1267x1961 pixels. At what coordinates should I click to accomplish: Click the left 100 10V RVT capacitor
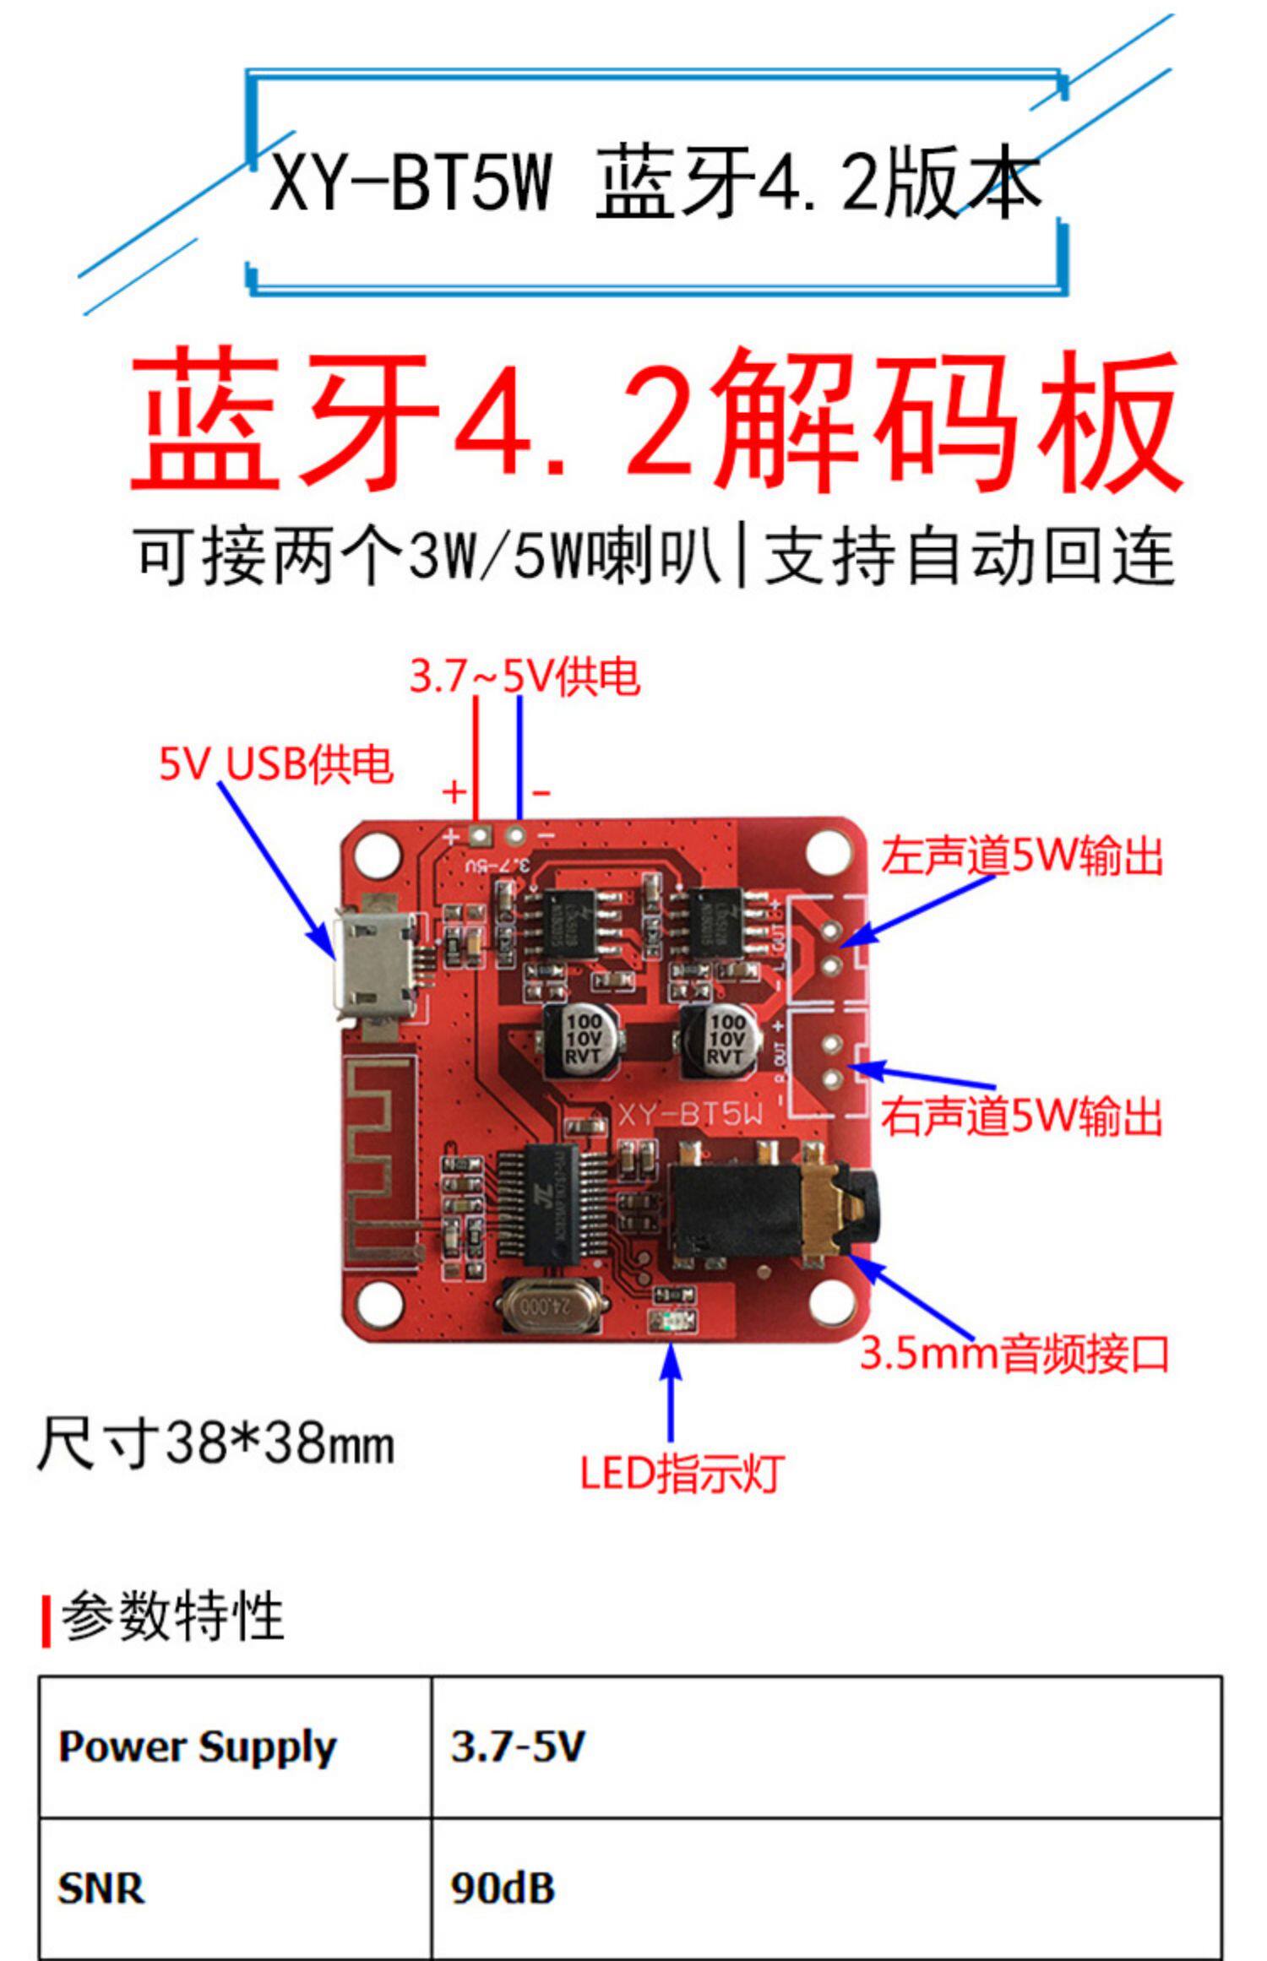pos(582,1040)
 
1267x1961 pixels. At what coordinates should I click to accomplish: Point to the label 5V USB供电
pos(276,764)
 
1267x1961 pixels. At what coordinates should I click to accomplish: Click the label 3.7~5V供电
pos(525,677)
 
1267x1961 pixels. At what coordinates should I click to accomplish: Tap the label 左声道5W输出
pos(1022,856)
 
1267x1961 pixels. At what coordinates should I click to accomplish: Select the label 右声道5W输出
pos(1022,1116)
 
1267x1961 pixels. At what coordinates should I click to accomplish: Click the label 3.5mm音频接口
pos(1014,1353)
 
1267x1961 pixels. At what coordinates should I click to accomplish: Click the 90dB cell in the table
pos(503,1888)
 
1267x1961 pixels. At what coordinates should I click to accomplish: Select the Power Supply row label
pos(198,1747)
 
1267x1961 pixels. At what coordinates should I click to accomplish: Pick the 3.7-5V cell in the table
pos(517,1746)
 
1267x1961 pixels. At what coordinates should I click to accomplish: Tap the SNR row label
pos(101,1888)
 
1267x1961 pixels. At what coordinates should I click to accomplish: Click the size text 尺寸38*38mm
pos(216,1443)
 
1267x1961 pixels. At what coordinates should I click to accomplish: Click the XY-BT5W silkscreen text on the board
pos(690,1115)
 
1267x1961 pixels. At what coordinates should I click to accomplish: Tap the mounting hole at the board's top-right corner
pos(829,852)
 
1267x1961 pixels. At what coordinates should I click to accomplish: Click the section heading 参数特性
pos(172,1616)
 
